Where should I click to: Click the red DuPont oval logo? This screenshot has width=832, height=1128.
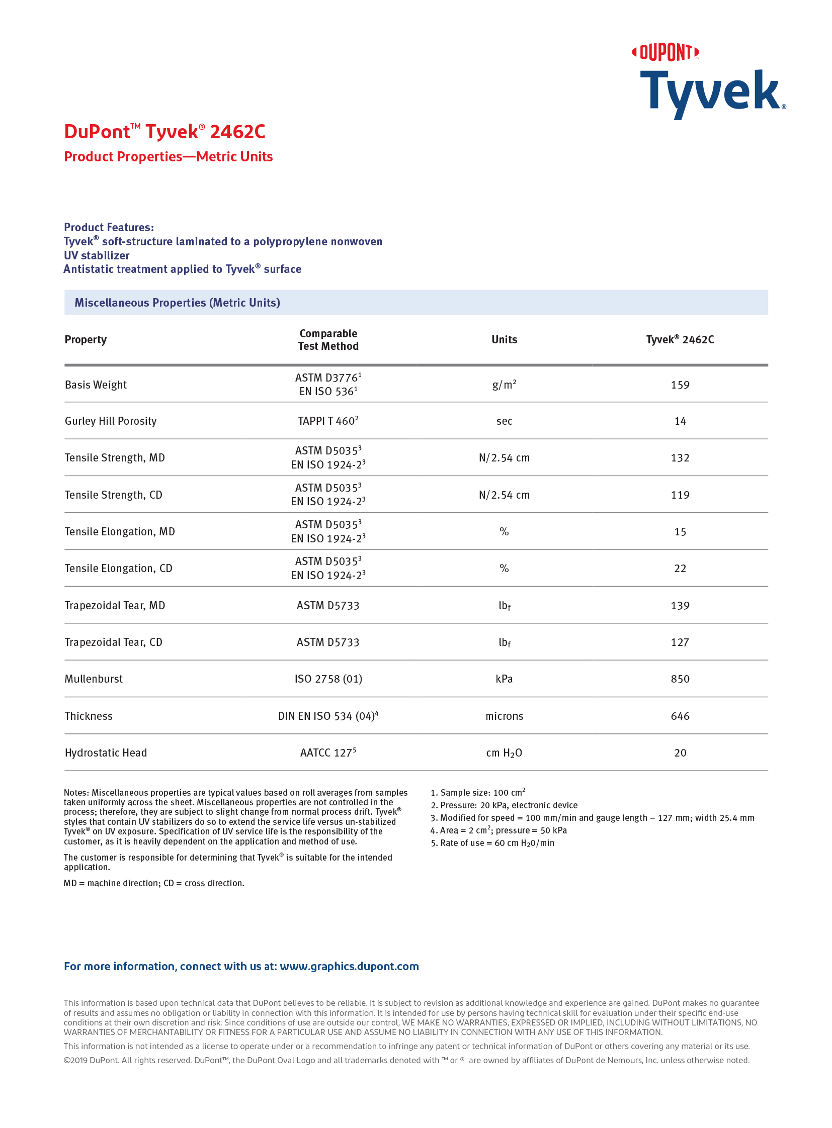click(x=665, y=52)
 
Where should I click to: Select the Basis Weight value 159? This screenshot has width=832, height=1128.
click(x=680, y=385)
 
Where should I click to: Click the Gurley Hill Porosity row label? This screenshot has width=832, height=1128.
click(x=111, y=421)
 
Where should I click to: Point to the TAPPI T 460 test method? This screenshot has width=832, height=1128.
click(x=328, y=421)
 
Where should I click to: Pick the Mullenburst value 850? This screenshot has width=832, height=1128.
click(x=680, y=679)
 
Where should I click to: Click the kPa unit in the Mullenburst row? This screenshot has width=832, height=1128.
click(x=504, y=679)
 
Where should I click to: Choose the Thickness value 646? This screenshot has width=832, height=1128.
click(x=680, y=716)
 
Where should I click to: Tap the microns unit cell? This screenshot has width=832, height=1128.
click(x=504, y=716)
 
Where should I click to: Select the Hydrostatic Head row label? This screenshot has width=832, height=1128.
click(x=106, y=753)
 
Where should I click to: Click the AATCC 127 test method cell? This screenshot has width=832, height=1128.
click(x=328, y=753)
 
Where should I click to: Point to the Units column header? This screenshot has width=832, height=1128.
click(x=504, y=340)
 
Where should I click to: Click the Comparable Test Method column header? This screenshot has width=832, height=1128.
click(x=328, y=340)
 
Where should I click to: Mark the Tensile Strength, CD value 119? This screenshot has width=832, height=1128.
click(x=680, y=495)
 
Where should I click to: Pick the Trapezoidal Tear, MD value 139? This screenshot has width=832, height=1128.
click(x=680, y=606)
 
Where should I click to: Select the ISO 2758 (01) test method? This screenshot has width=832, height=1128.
click(x=328, y=679)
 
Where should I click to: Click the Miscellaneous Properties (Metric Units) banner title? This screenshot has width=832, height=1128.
click(x=177, y=303)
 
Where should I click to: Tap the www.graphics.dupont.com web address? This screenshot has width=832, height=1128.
click(x=349, y=967)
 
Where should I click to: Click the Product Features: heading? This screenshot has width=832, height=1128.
click(x=109, y=228)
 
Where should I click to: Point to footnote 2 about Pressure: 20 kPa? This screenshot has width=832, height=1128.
click(x=504, y=805)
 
